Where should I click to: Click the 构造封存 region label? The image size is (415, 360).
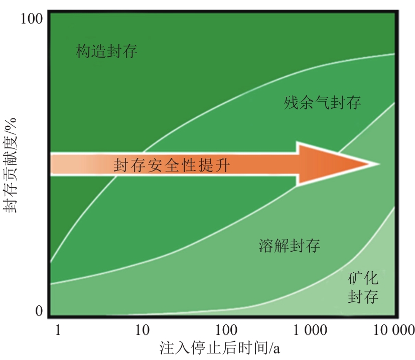(107, 51)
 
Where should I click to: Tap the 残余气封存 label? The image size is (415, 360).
(322, 103)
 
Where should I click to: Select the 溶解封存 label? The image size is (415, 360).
(290, 246)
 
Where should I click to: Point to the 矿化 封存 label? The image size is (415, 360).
(363, 287)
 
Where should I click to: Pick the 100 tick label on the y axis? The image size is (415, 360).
(34, 20)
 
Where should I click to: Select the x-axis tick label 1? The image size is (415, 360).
(58, 330)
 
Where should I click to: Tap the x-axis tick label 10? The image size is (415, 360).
(143, 330)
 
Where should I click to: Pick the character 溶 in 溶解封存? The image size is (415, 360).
(266, 246)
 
